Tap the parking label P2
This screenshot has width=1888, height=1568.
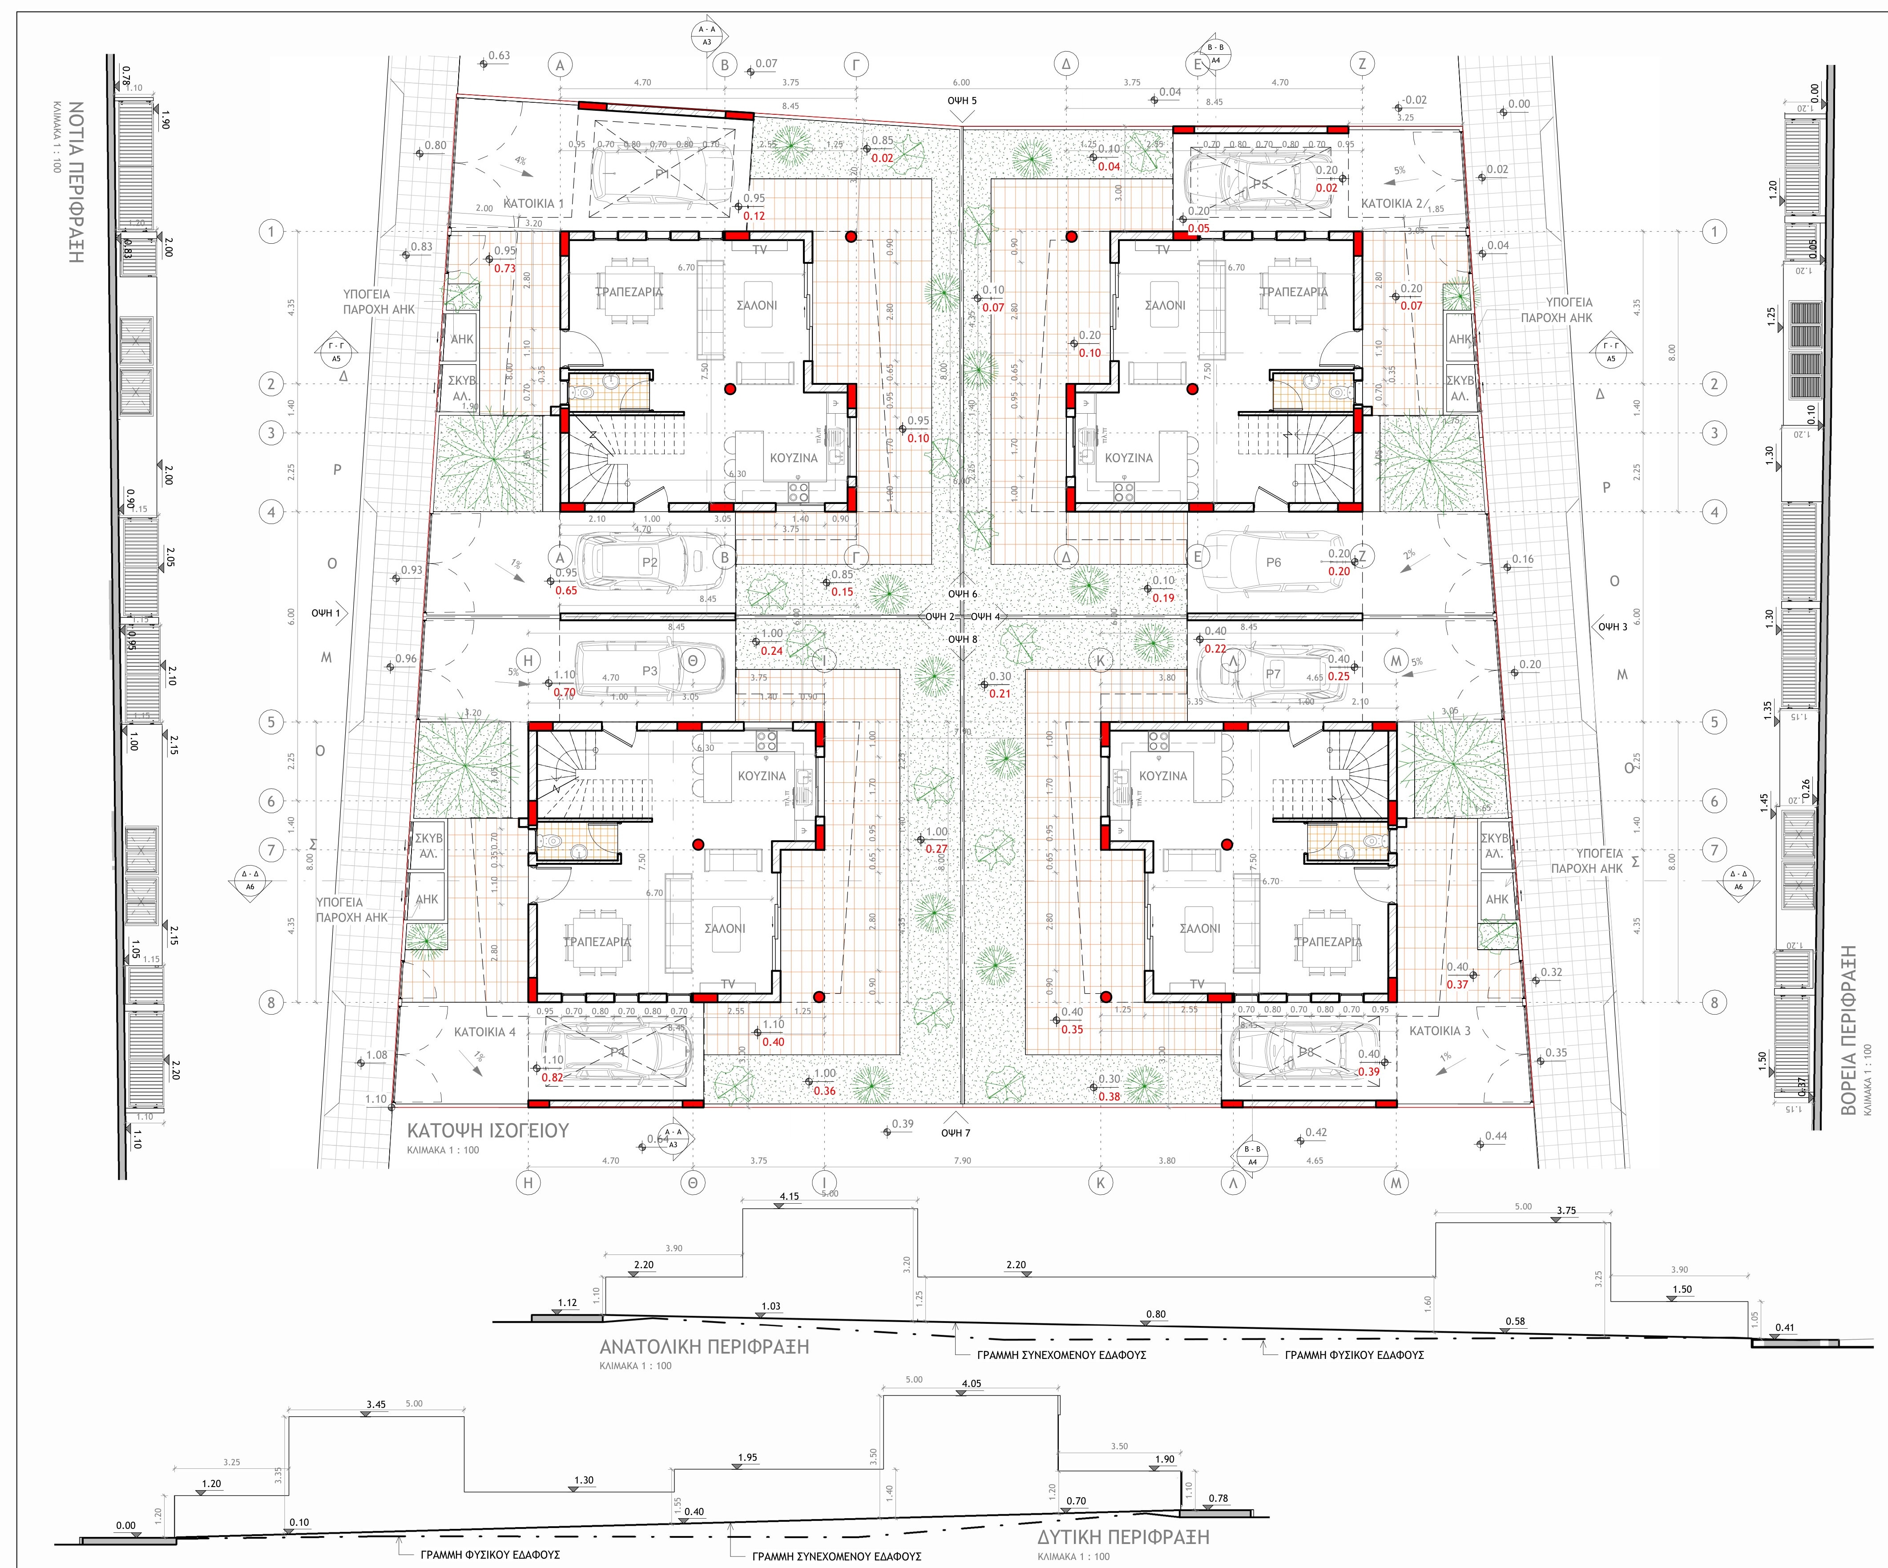pyautogui.click(x=649, y=563)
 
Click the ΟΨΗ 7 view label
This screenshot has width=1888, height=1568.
pyautogui.click(x=956, y=1133)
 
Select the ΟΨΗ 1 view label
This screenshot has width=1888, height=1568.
pyautogui.click(x=326, y=613)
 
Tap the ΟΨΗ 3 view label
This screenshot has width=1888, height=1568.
pyautogui.click(x=1613, y=627)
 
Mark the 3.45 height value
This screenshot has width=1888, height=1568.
pyautogui.click(x=376, y=1404)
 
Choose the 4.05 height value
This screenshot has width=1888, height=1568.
pyautogui.click(x=971, y=1384)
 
